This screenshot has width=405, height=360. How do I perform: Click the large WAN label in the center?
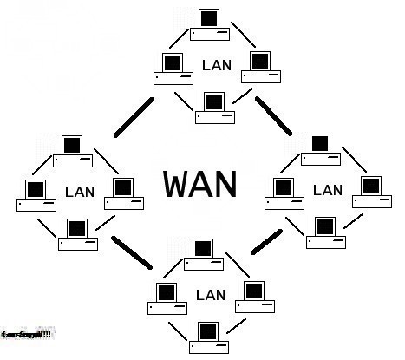(x=199, y=184)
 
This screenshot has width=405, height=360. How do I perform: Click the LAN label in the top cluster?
(x=216, y=65)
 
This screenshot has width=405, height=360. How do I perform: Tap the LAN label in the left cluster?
(x=79, y=190)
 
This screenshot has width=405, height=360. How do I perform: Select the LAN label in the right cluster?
(x=328, y=189)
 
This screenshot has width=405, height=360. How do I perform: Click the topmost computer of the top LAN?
(x=209, y=24)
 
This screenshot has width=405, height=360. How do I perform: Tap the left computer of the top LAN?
(x=173, y=69)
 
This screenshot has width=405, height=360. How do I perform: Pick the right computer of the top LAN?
(x=261, y=66)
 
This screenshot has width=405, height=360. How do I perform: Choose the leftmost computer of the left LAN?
(x=36, y=195)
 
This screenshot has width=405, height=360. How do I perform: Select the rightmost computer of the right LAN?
(x=370, y=191)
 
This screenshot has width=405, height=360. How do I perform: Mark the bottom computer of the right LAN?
(x=324, y=232)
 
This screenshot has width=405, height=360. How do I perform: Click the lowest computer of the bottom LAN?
(x=208, y=337)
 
